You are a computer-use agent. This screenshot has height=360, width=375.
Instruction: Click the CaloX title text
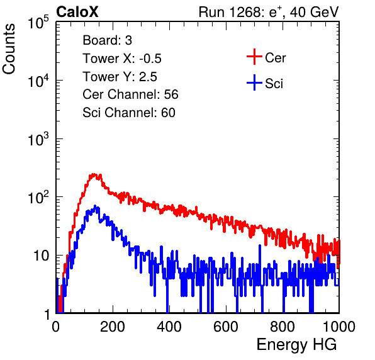77,12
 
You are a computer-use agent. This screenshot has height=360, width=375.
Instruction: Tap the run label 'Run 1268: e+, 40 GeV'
269,12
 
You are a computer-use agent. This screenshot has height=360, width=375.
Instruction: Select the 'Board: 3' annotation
108,40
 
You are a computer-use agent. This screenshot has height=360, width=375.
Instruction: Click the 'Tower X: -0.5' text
122,59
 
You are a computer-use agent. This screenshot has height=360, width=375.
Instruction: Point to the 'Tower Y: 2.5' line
120,77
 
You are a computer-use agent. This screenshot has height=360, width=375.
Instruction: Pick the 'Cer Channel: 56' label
130,94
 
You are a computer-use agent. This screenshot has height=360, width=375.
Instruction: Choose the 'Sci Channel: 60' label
129,113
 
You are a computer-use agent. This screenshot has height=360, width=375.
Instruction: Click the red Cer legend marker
254,57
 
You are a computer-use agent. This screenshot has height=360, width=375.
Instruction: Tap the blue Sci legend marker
254,82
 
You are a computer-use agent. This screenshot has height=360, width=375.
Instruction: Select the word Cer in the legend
275,58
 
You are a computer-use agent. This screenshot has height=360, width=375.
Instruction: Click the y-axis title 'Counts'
9,49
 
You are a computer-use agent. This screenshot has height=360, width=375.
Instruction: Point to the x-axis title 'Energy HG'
296,345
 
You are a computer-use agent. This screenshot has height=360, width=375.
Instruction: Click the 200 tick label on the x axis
113,327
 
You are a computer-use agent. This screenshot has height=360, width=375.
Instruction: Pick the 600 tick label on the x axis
226,327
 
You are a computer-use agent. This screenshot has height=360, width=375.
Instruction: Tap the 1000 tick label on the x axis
339,327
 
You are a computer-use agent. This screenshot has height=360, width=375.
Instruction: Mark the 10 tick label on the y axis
41,256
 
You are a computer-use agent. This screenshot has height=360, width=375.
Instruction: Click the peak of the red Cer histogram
94,175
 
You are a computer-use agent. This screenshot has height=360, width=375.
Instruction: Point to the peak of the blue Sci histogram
95,206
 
